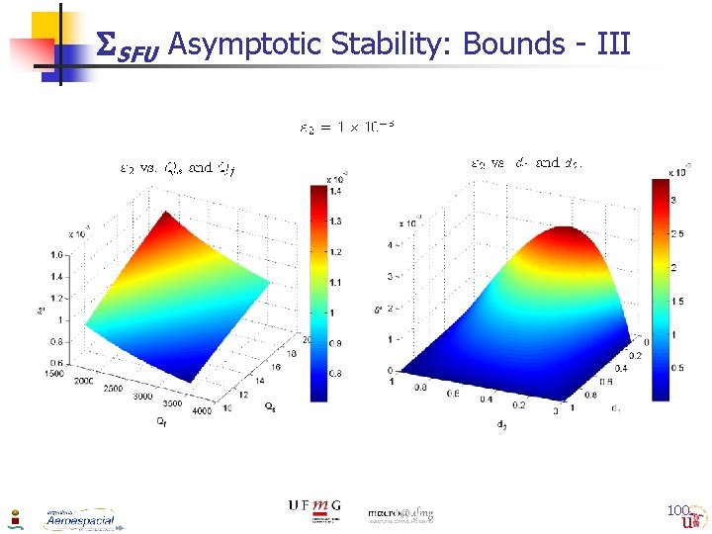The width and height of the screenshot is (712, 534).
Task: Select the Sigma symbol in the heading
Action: tap(105, 45)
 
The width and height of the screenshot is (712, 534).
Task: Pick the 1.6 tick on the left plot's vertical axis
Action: tap(54, 255)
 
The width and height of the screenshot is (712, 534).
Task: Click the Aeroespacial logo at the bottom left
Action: tap(79, 519)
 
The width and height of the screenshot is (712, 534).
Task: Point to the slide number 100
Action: tap(677, 510)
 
